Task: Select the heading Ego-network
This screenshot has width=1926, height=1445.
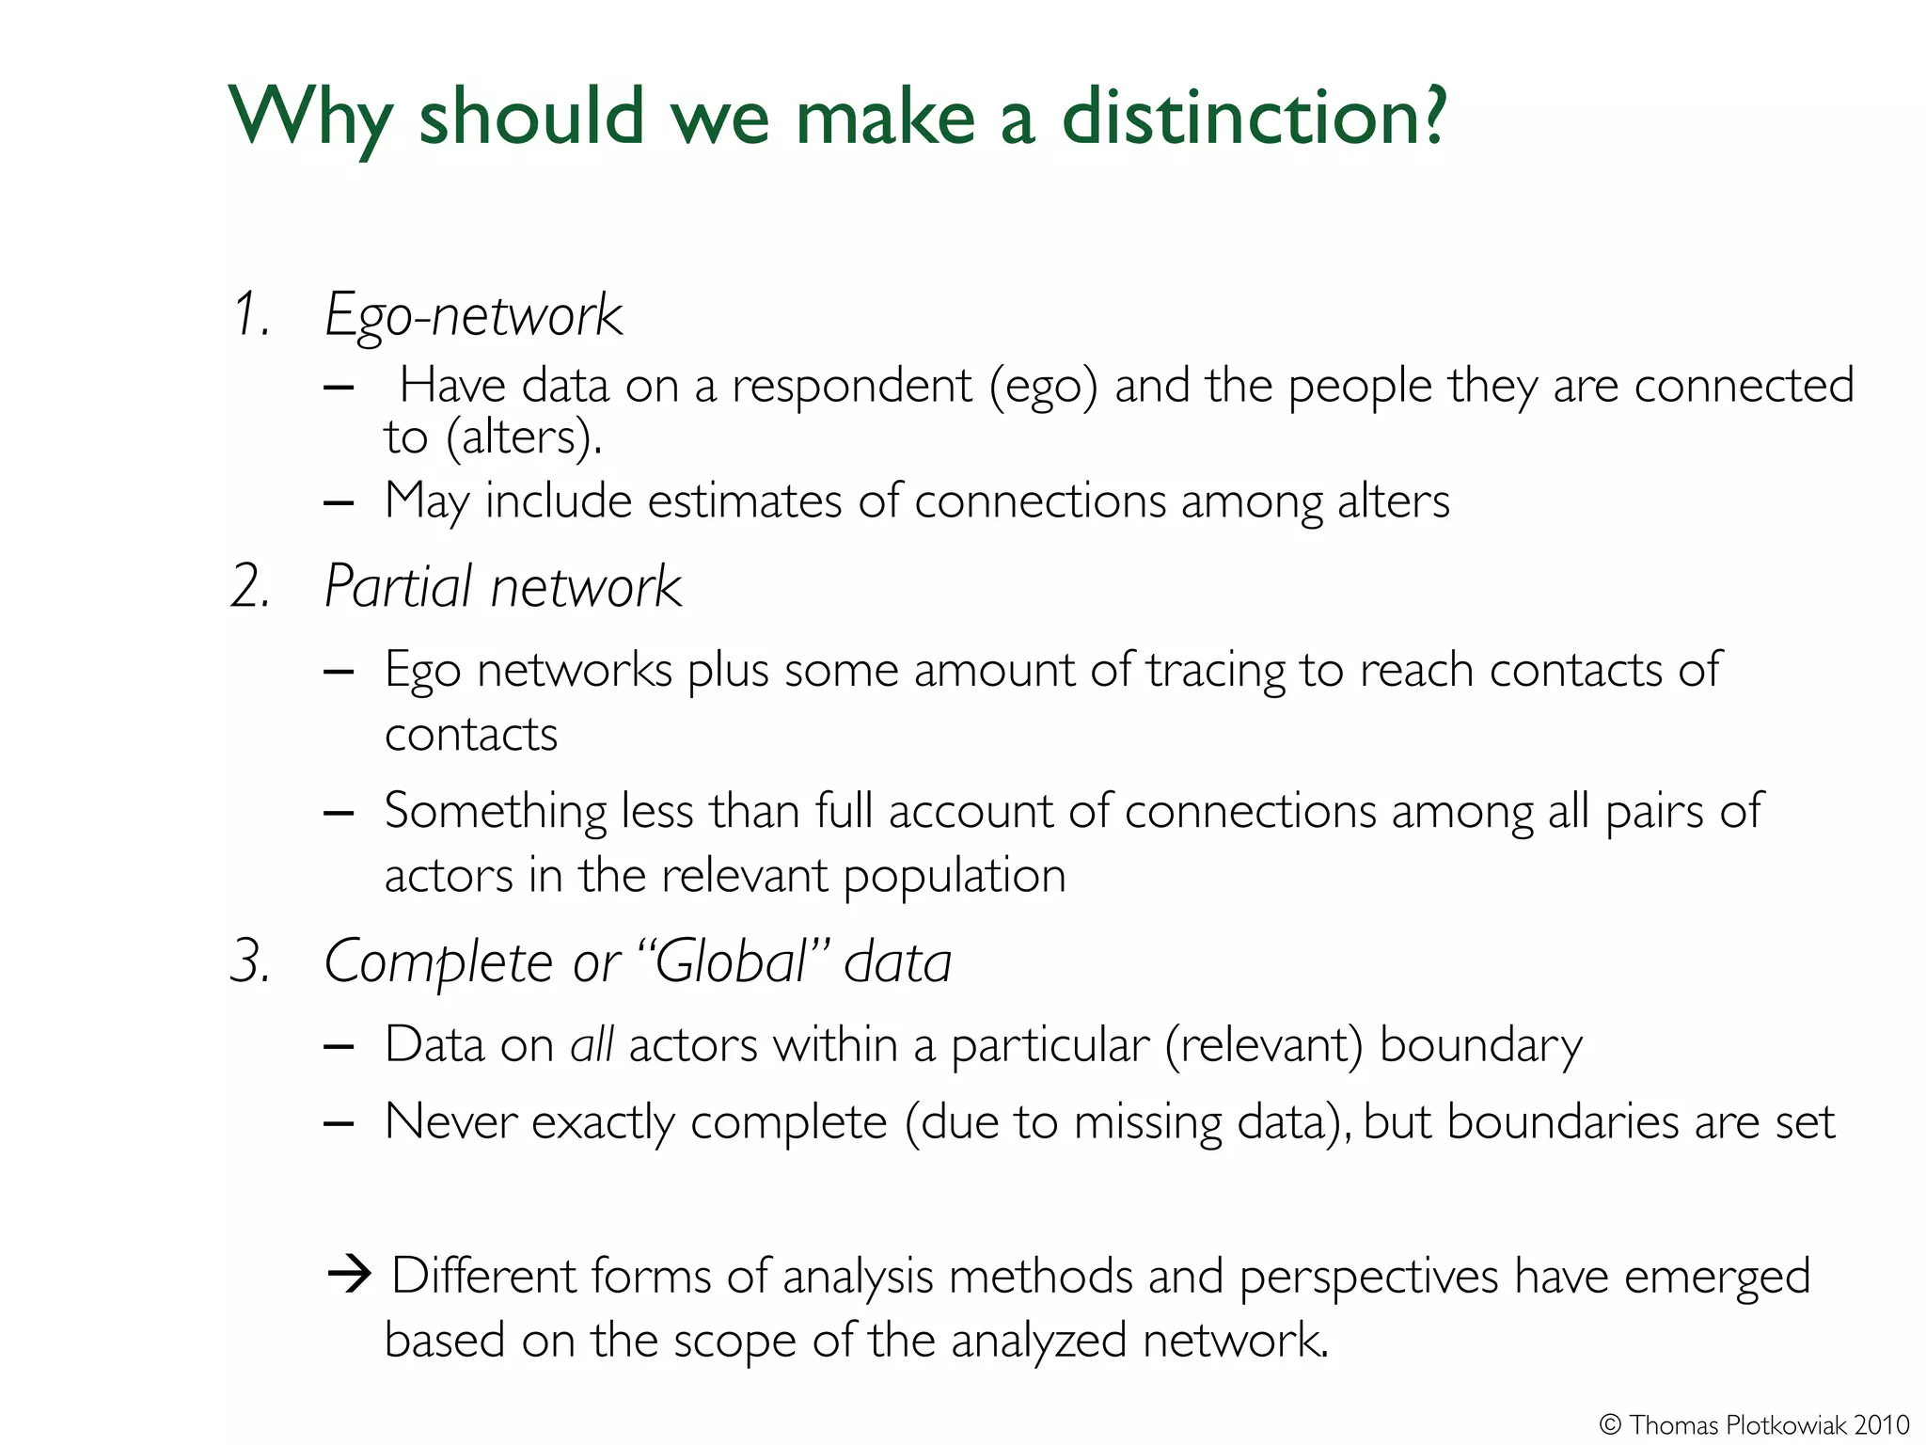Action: point(473,315)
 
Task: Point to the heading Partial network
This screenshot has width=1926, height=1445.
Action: point(502,587)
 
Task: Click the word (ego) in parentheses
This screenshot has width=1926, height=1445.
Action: point(1043,387)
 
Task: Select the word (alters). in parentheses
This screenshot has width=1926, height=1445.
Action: point(524,437)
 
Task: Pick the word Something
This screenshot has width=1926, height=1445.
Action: point(496,811)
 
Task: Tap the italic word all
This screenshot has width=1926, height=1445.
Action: point(592,1045)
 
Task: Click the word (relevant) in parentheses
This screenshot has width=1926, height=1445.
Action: point(1264,1045)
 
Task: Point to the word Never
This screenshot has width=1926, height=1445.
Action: point(450,1122)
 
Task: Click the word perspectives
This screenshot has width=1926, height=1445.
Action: point(1368,1278)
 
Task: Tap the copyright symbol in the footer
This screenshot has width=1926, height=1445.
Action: point(1610,1424)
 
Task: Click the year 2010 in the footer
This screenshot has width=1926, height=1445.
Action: point(1882,1424)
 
